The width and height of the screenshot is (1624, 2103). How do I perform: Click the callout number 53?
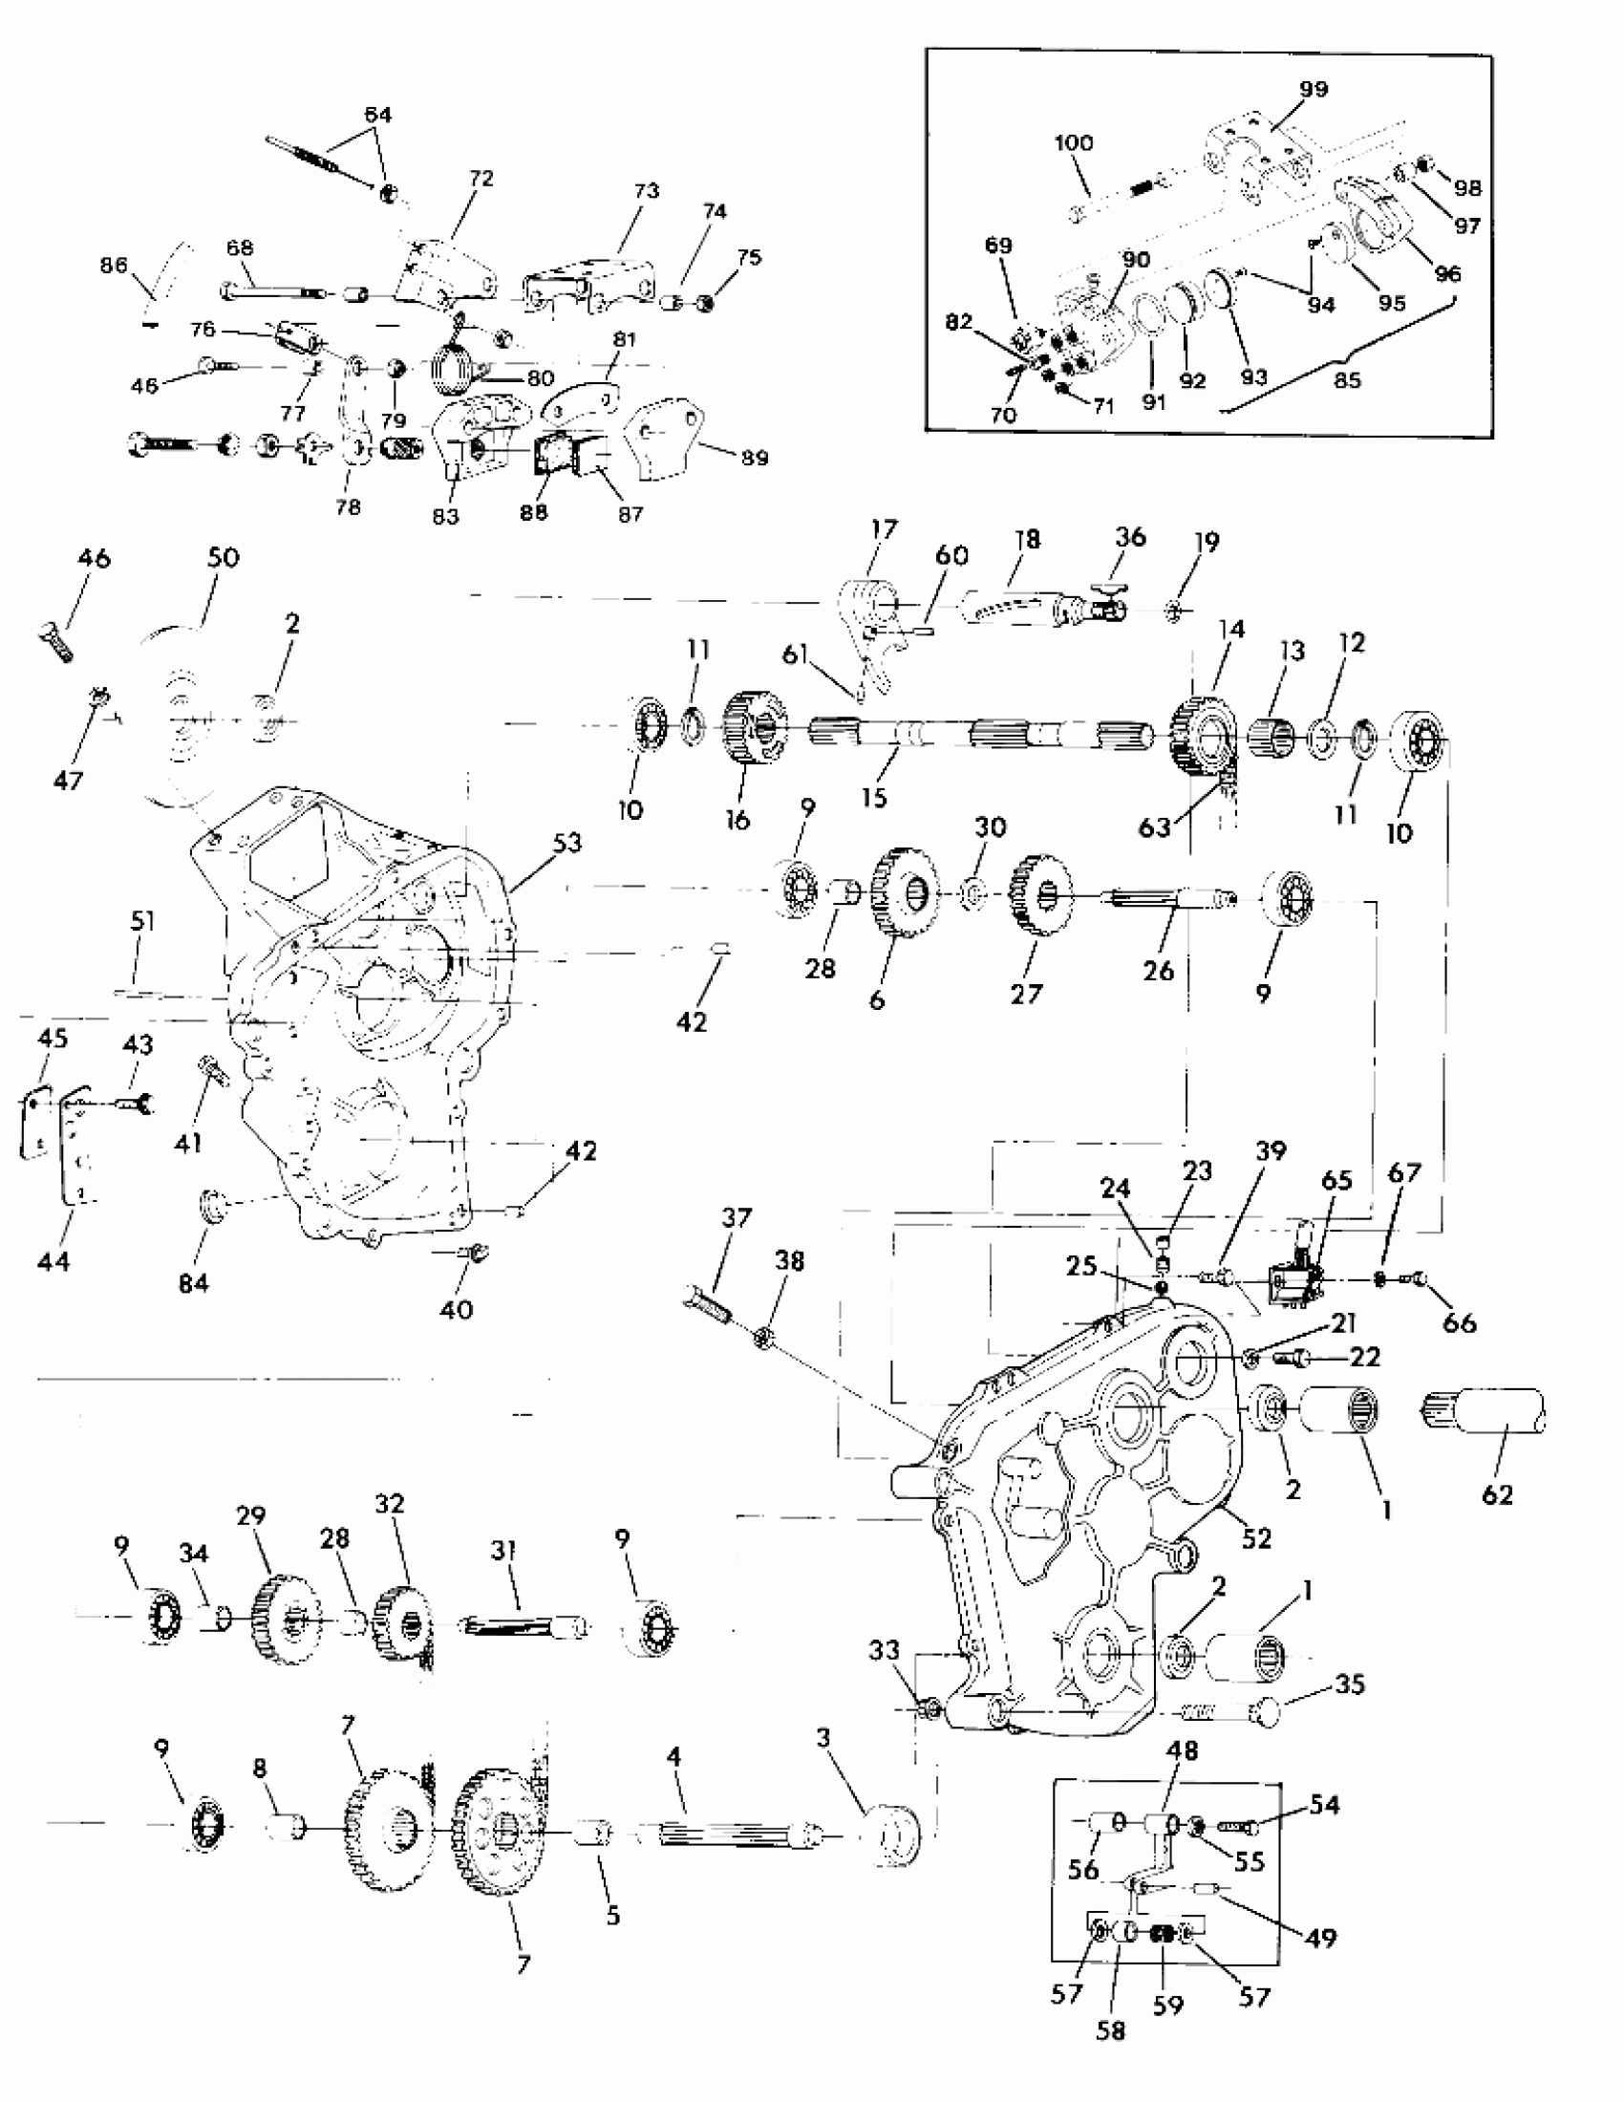coord(567,843)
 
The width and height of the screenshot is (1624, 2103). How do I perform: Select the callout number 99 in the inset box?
coord(1314,89)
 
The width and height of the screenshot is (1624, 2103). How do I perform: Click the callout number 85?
coord(1347,379)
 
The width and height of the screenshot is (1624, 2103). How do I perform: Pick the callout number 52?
coord(1256,1537)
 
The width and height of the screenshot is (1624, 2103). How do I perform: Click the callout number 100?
coord(1074,142)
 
